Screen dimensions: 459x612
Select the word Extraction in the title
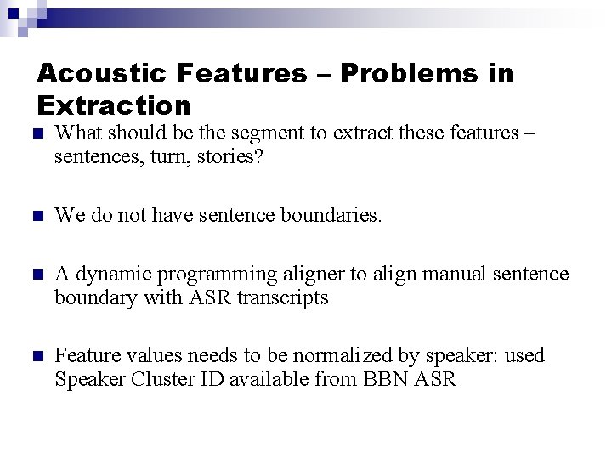tap(115, 106)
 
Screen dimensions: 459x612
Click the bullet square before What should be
tap(34, 134)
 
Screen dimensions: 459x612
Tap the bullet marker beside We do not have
tap(34, 217)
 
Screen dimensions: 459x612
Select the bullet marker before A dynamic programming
tap(34, 275)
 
